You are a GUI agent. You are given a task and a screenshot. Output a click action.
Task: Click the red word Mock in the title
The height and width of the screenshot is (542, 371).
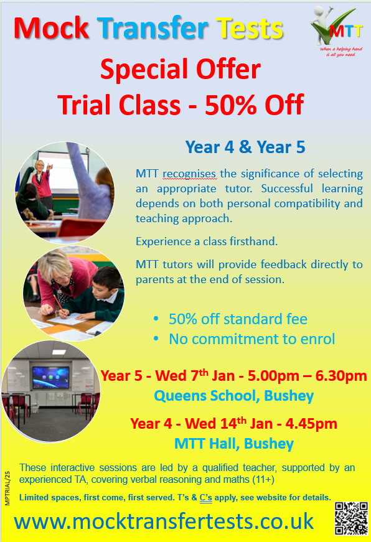click(52, 28)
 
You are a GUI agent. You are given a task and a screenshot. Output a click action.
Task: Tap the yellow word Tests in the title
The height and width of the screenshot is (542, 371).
click(250, 28)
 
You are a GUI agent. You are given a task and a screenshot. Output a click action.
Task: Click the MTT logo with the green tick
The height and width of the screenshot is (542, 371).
click(337, 31)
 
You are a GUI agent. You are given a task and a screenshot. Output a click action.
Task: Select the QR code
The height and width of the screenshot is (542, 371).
click(351, 518)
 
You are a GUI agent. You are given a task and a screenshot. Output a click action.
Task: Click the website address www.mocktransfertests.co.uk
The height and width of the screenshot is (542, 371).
click(164, 521)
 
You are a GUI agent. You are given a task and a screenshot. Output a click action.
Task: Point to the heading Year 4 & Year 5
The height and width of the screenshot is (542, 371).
click(245, 147)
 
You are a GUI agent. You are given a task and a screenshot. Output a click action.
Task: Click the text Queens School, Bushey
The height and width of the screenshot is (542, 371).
click(233, 396)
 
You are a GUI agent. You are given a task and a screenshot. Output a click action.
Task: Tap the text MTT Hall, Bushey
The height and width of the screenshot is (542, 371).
click(234, 444)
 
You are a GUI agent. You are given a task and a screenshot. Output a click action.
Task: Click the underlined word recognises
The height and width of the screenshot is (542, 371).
click(190, 174)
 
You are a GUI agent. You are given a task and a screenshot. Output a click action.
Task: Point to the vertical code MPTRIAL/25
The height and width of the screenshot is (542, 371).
click(7, 488)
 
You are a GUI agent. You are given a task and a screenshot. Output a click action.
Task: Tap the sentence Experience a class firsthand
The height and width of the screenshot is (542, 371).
click(207, 241)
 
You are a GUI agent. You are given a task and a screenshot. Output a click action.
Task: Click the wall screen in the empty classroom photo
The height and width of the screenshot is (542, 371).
click(51, 378)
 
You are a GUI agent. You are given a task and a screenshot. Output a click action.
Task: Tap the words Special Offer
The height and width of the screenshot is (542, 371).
click(181, 69)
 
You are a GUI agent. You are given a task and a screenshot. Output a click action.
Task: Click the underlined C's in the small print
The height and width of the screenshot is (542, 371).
click(205, 498)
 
